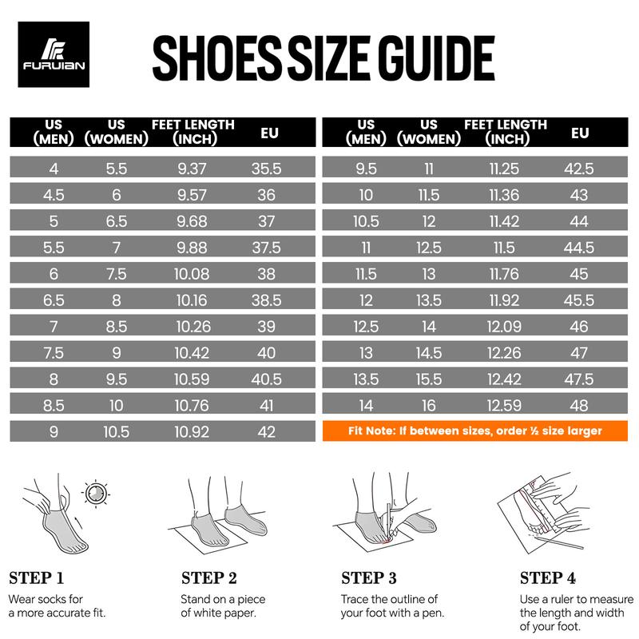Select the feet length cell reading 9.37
point(192,169)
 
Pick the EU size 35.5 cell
point(267,169)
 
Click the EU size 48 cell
point(579,405)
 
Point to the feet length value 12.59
point(506,405)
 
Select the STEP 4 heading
point(548,577)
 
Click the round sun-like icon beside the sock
point(97,491)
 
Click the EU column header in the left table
point(269,131)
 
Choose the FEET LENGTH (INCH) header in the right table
point(506,131)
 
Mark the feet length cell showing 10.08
point(192,274)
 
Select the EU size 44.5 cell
point(579,248)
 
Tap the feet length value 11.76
point(506,274)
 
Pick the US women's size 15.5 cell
point(429,379)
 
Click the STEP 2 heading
point(209,577)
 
